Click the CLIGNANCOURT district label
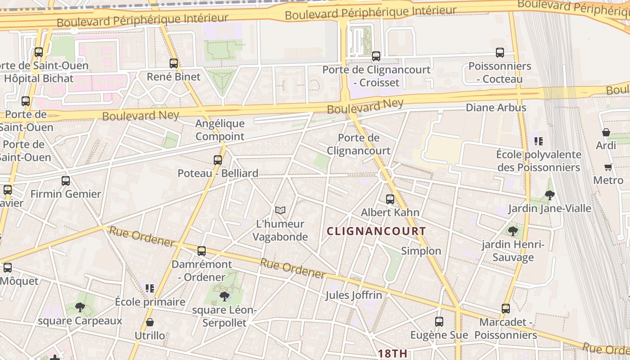(376, 231)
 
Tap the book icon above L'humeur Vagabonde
(280, 210)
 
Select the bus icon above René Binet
(174, 63)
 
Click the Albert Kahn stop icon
(390, 199)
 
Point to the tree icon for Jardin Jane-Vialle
(549, 195)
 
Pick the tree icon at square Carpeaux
(80, 307)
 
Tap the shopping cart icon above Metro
(608, 167)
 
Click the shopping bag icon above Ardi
(606, 132)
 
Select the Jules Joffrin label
(354, 295)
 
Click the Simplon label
(421, 251)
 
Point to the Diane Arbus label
(496, 108)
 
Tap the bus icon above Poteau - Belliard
(218, 160)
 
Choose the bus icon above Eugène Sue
(439, 322)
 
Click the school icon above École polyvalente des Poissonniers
(539, 141)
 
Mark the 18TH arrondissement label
(392, 353)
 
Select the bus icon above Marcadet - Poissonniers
(506, 309)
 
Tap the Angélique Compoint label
(220, 130)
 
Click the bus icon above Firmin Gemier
(66, 181)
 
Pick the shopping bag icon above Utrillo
(150, 322)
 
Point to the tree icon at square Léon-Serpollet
(224, 296)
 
